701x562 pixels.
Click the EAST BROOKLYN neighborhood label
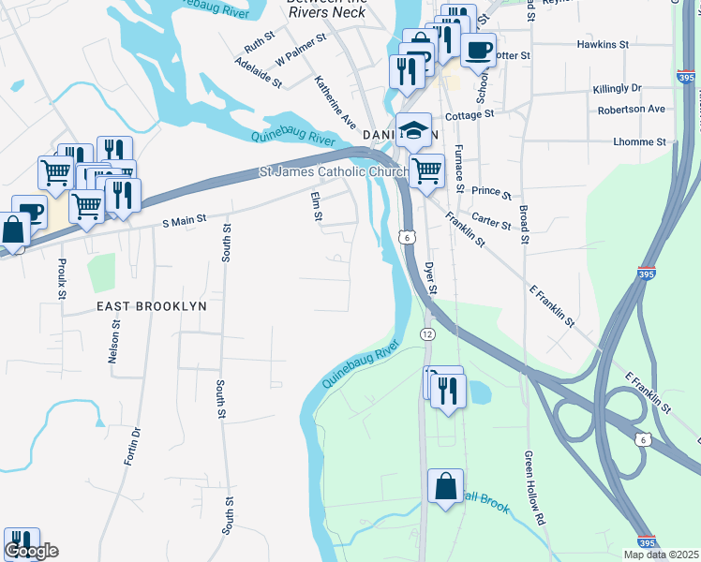tap(151, 306)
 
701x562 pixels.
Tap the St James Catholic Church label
tap(330, 171)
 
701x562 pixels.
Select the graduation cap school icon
tap(413, 131)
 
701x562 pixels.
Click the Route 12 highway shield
tap(427, 334)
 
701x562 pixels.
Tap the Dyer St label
tap(431, 277)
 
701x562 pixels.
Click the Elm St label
tap(317, 207)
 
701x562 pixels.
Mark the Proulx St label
tap(62, 279)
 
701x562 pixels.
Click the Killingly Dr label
tap(617, 88)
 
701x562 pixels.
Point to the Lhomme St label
tap(638, 142)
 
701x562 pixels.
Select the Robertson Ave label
tap(631, 109)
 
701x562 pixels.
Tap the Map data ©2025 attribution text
tap(661, 555)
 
